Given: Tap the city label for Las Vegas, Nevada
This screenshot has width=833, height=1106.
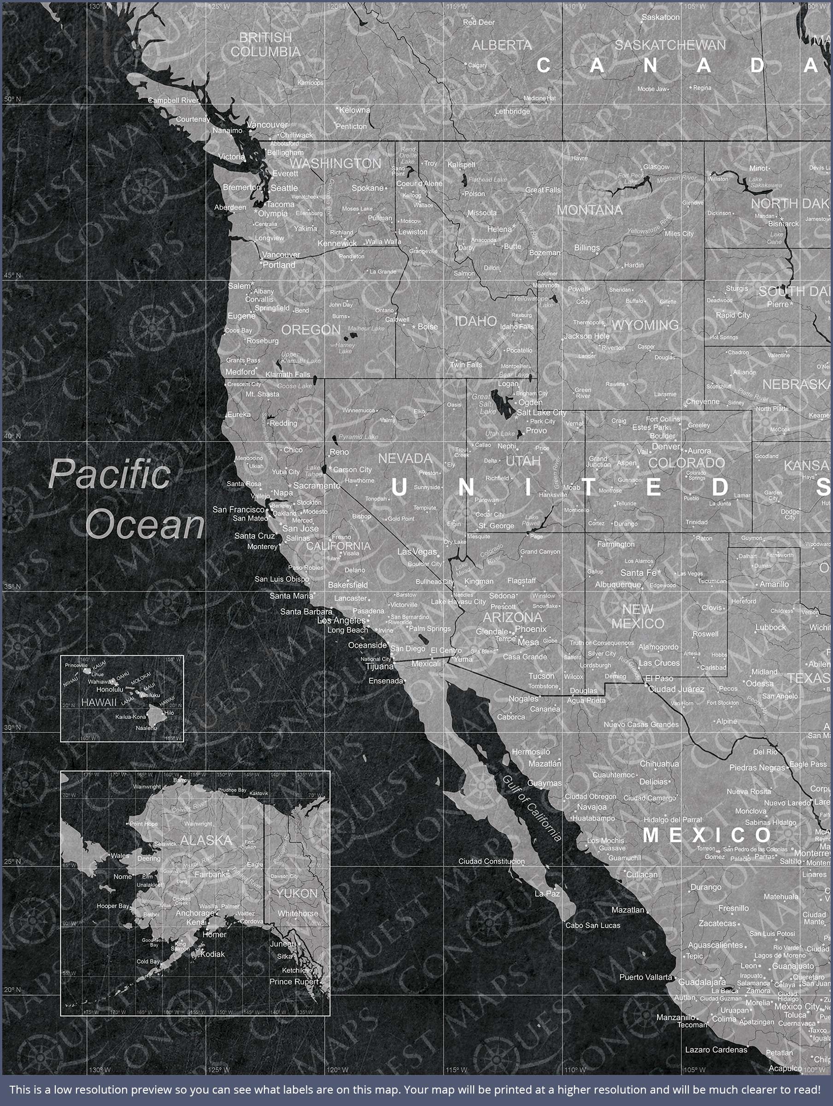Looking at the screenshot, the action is [x=417, y=552].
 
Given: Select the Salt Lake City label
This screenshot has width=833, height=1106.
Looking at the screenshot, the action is [x=541, y=412].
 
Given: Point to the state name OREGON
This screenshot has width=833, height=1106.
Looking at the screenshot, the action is [x=311, y=330].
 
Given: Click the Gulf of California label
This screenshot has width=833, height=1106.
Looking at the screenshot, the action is [x=532, y=808].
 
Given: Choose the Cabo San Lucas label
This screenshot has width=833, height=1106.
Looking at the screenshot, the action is [x=592, y=925].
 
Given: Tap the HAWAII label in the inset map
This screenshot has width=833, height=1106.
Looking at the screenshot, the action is [x=99, y=702].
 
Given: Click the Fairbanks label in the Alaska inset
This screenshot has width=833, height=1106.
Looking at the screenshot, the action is [x=212, y=875].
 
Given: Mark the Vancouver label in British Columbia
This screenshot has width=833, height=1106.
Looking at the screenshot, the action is [x=267, y=124].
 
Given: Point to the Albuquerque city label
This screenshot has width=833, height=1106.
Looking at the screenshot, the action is [x=618, y=584].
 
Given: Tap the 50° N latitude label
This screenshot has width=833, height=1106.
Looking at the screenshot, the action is [x=12, y=99].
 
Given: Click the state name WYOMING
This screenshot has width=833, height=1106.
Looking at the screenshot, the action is [x=645, y=325].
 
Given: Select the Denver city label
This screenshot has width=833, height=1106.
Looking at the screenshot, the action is [x=665, y=446].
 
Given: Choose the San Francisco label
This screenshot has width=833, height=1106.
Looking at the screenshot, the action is [x=239, y=510].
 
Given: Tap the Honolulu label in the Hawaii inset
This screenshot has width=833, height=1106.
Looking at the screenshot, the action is [x=110, y=689].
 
